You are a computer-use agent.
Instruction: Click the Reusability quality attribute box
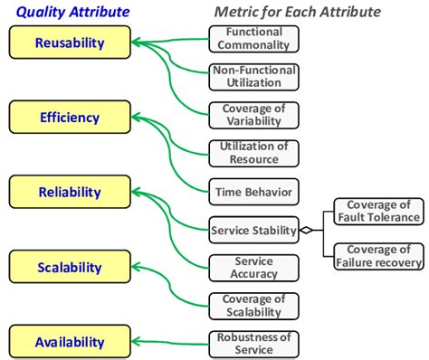(x=69, y=43)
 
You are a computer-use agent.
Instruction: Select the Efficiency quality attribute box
(x=69, y=117)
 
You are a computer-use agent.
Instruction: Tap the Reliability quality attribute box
(x=69, y=193)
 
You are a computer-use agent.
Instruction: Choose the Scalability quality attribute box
(x=69, y=268)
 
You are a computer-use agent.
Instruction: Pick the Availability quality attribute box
(x=69, y=342)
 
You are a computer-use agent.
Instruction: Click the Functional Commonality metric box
(x=253, y=37)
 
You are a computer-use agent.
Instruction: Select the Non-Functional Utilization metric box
(x=253, y=76)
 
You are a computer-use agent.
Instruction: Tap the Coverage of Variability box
(x=253, y=114)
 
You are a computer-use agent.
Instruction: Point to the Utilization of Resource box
(x=253, y=153)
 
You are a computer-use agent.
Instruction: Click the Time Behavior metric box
(x=253, y=191)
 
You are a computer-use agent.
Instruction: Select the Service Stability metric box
(x=253, y=230)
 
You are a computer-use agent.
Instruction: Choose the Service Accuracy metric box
(x=253, y=267)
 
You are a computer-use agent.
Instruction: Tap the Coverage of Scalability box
(x=253, y=305)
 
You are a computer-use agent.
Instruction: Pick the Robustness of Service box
(x=253, y=343)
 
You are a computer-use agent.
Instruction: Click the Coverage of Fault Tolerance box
(x=379, y=211)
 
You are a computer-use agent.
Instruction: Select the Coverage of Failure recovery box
(x=379, y=256)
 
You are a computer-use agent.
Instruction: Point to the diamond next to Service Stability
(x=307, y=231)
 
